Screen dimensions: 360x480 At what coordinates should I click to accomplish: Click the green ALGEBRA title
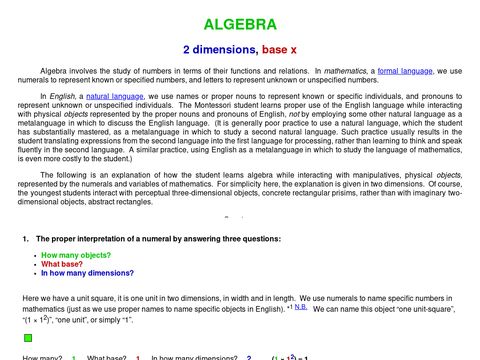coord(241,23)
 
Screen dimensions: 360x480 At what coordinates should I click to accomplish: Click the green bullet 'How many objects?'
coord(72,255)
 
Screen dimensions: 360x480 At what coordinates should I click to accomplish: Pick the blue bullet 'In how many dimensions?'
coord(84,273)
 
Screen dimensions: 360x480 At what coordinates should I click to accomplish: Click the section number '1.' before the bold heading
coord(25,240)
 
